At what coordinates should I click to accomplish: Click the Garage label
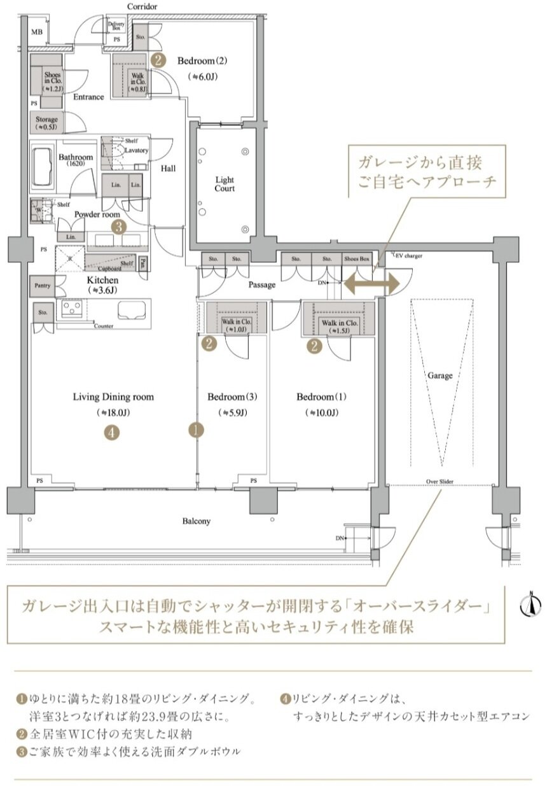pos(440,375)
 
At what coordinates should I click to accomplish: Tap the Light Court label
pos(225,185)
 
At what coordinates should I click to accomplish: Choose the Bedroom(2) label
pos(202,62)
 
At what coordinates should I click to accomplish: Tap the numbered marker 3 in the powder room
pos(117,226)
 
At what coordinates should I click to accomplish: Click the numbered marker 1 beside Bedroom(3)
pos(196,430)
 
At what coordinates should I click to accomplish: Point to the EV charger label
pos(408,256)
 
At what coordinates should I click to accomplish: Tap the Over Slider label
pos(440,482)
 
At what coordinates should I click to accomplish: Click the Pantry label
pos(42,286)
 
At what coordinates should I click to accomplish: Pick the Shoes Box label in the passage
pos(356,259)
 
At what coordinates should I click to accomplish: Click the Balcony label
pos(197,521)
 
